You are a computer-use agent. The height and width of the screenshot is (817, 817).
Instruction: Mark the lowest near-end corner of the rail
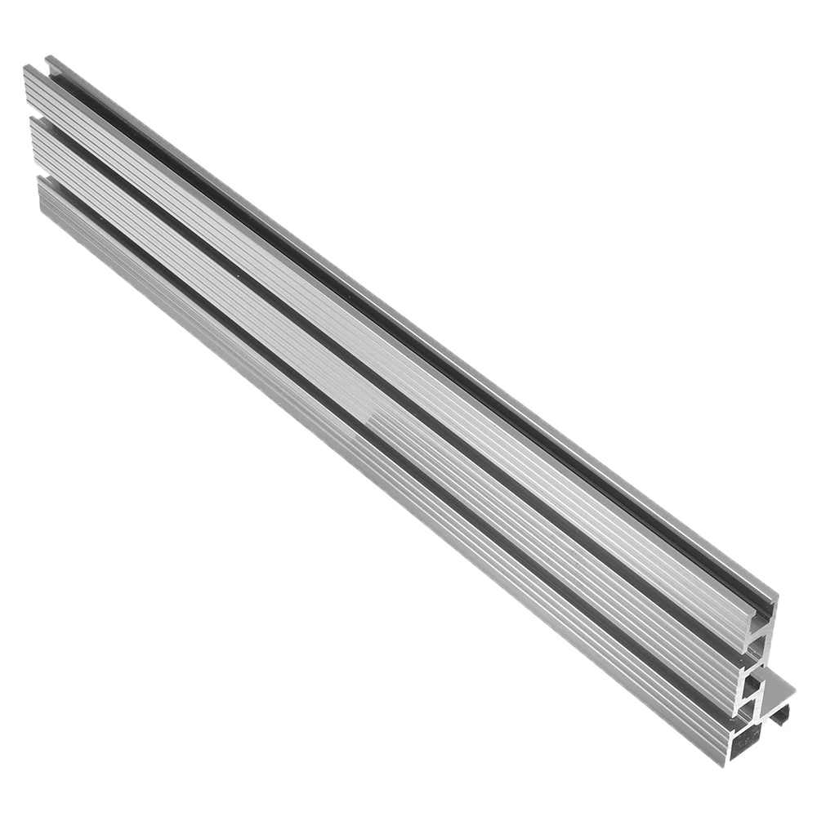(726, 764)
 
